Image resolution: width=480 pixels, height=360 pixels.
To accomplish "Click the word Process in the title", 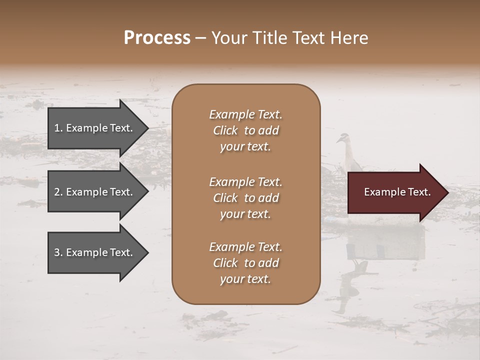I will point(157,38).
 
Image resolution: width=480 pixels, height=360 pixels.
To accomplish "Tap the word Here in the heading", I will point(349,38).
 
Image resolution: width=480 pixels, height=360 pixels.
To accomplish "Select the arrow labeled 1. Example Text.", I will point(95,128).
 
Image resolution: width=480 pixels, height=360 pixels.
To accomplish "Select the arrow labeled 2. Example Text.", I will point(95,192).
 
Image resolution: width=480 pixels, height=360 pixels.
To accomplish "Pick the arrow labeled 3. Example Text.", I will point(95,252).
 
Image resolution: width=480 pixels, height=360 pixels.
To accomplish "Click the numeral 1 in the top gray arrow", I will point(57,128).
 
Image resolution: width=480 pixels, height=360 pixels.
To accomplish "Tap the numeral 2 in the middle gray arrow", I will point(57,192).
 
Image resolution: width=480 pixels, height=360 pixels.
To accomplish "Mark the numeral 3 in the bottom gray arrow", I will point(57,252).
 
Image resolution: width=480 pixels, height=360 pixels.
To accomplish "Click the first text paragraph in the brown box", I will point(245,130).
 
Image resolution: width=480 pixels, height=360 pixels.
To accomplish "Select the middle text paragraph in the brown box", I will point(245,198).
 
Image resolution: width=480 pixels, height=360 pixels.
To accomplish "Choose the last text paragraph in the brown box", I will point(245,263).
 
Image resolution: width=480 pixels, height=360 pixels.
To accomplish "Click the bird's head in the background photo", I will point(342,138).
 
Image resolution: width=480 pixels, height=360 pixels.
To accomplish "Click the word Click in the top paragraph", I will point(225,130).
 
